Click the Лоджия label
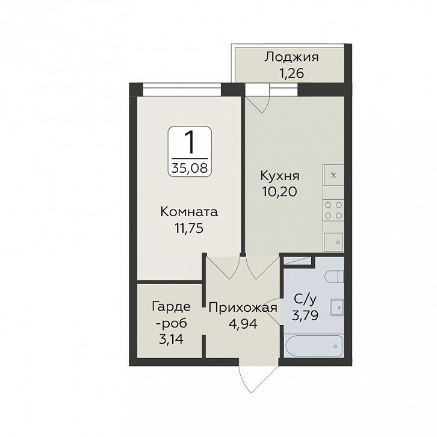click(291, 58)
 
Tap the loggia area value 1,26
click(291, 73)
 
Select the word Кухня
click(280, 176)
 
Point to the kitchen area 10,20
click(279, 192)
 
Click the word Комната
click(189, 212)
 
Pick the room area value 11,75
click(189, 228)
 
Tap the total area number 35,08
click(190, 168)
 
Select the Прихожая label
click(243, 308)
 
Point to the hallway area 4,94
click(243, 324)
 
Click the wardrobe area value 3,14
click(171, 339)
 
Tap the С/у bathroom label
click(305, 300)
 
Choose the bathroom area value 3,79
click(305, 316)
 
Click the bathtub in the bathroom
click(314, 346)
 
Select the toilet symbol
click(335, 276)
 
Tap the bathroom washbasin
click(337, 308)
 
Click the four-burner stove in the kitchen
click(333, 210)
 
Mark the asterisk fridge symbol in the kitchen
click(333, 175)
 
